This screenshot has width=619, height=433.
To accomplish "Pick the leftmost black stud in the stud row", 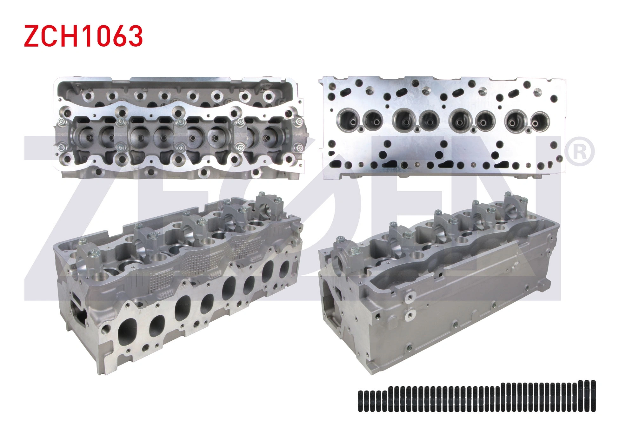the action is (360, 401).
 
